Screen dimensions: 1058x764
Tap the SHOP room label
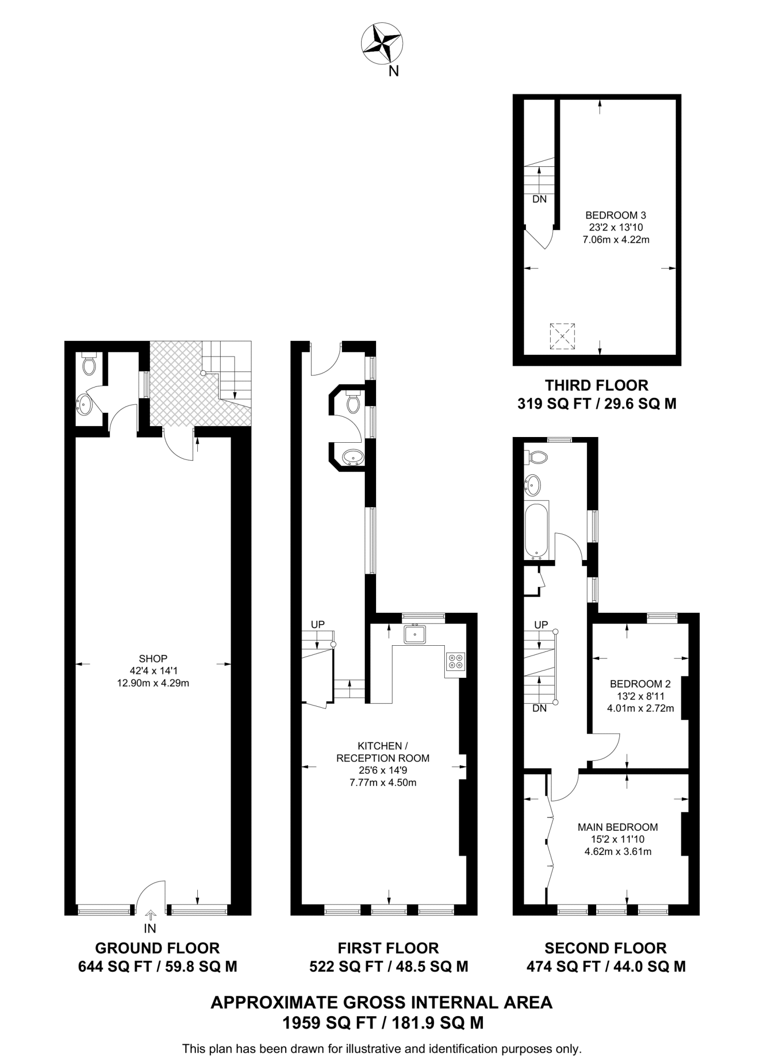(x=153, y=659)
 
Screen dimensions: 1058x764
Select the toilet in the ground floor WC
(x=89, y=365)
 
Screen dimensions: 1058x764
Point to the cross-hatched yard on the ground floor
(x=176, y=393)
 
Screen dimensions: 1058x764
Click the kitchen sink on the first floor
(x=415, y=634)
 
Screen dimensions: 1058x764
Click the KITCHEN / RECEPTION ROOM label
(x=383, y=752)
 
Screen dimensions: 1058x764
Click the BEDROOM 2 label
(x=640, y=684)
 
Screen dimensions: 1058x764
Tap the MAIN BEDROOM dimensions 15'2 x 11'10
(x=618, y=839)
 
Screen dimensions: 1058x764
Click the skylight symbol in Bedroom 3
(x=563, y=336)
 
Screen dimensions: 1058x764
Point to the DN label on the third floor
(x=539, y=199)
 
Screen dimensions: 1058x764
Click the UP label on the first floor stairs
(x=318, y=624)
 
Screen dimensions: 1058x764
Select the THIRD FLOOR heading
(x=597, y=385)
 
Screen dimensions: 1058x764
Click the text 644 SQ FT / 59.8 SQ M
(x=158, y=966)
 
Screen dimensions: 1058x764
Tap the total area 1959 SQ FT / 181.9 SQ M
(x=382, y=1022)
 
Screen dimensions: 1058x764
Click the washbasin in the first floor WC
(x=353, y=457)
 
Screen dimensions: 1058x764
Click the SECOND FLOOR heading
(x=605, y=948)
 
